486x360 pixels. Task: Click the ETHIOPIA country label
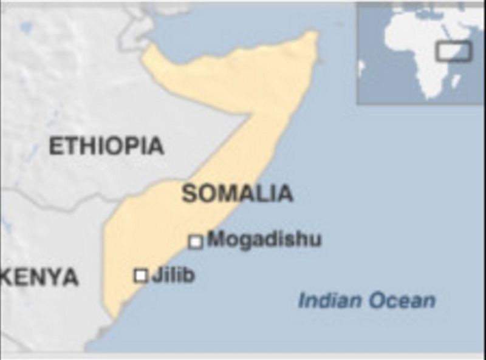click(106, 146)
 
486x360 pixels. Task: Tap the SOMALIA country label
click(237, 194)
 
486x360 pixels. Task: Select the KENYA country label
click(40, 277)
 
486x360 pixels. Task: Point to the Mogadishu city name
click(264, 239)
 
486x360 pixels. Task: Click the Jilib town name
click(173, 275)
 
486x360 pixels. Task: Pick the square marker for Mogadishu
click(196, 242)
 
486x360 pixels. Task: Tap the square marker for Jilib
click(141, 276)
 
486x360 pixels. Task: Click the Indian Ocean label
click(366, 301)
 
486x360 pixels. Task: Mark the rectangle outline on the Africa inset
click(453, 51)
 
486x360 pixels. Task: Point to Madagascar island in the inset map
click(456, 80)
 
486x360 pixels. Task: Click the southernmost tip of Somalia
click(113, 319)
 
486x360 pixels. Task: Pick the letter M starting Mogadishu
click(214, 239)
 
